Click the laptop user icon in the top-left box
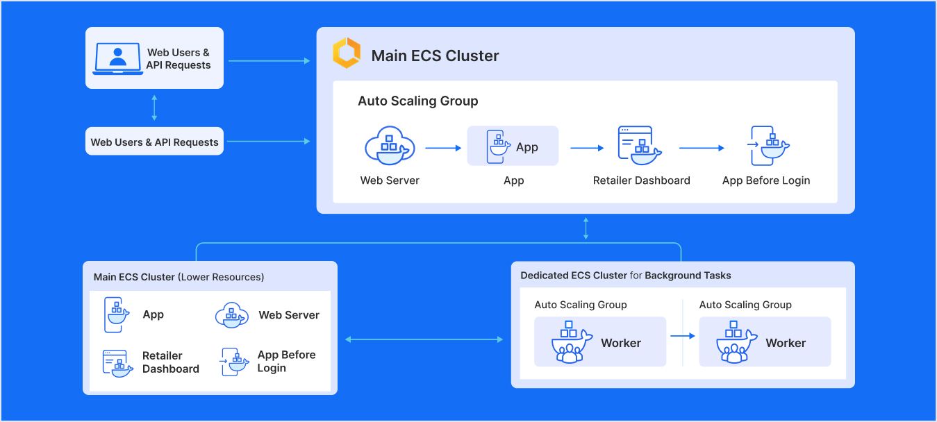[x=118, y=58]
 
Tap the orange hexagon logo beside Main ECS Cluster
[x=346, y=54]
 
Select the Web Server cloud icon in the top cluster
[x=390, y=146]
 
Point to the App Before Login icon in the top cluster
[x=769, y=146]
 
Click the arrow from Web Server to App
[x=443, y=148]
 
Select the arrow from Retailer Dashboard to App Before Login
[x=702, y=148]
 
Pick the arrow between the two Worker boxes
[x=682, y=336]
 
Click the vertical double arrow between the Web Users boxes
[x=154, y=108]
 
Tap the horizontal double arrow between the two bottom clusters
[x=424, y=339]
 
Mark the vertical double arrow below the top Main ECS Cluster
[x=586, y=228]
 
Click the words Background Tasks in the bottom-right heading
[x=688, y=276]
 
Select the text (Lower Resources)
[x=221, y=277]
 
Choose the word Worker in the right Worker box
[x=786, y=343]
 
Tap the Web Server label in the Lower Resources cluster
[x=289, y=315]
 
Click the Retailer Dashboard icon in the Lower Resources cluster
[x=117, y=363]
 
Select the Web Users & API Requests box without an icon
[x=154, y=142]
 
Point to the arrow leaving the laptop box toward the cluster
[x=269, y=61]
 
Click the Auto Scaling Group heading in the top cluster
[x=417, y=101]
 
